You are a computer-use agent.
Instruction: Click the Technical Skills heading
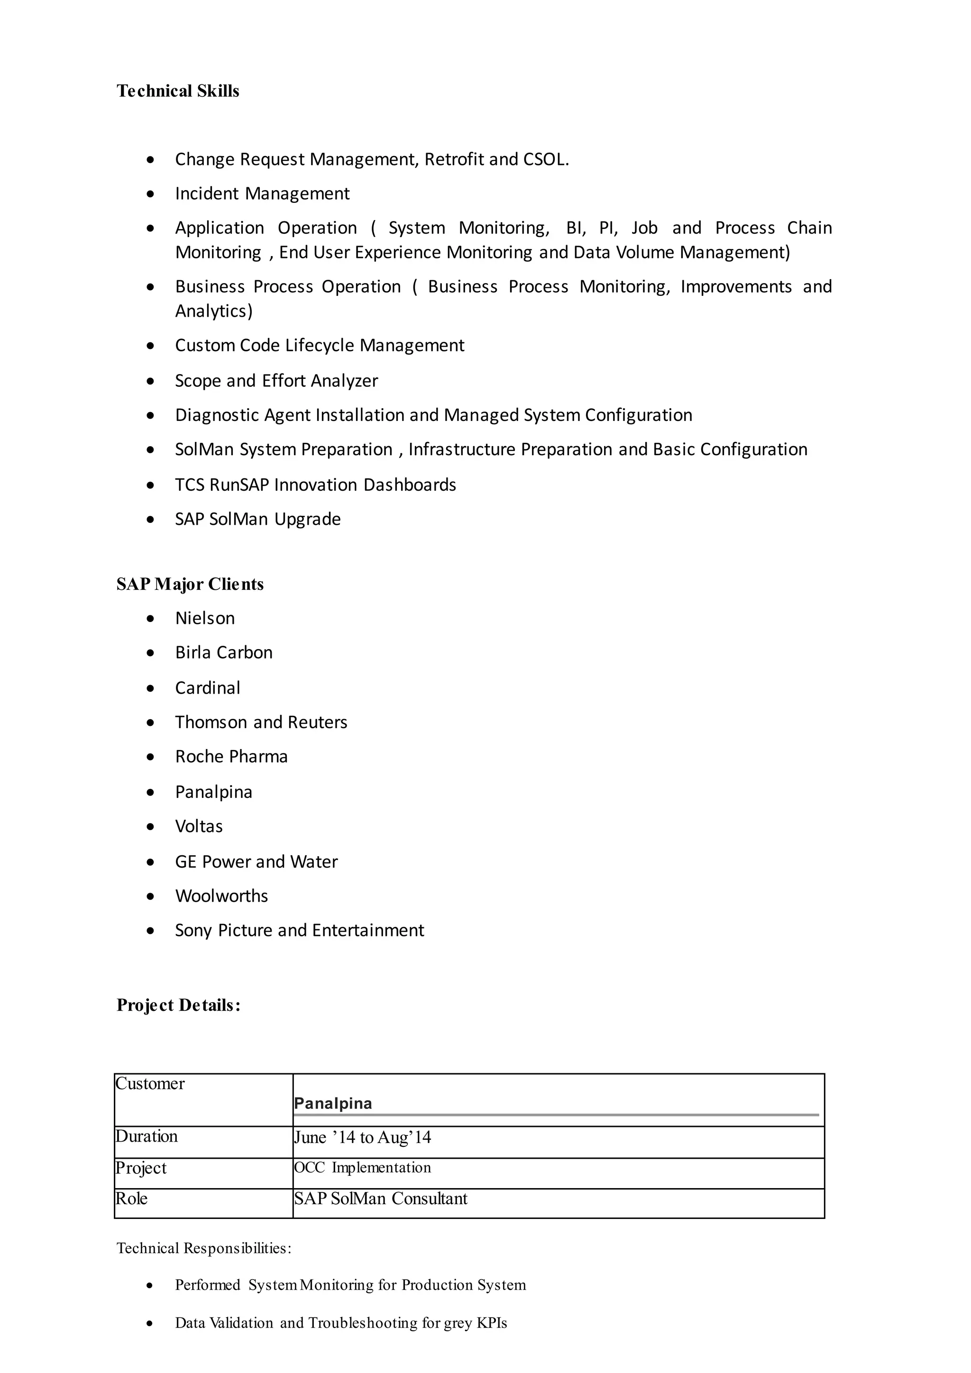tap(178, 91)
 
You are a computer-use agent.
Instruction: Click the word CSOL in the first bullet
tap(545, 159)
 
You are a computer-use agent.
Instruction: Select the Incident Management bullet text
tap(262, 194)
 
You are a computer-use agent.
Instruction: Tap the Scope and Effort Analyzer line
tap(276, 381)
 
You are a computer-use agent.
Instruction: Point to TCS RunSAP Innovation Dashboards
tap(315, 485)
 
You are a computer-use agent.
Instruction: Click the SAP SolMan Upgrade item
tap(258, 519)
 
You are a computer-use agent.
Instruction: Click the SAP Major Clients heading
tap(190, 584)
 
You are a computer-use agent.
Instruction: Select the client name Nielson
tap(204, 618)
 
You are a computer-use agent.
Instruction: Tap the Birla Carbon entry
tap(224, 652)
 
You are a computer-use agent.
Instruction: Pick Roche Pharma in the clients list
tap(231, 757)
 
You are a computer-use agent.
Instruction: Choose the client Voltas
tap(199, 826)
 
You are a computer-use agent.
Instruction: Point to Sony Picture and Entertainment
tap(299, 931)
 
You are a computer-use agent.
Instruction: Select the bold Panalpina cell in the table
tap(333, 1103)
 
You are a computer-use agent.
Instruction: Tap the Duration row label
tap(147, 1136)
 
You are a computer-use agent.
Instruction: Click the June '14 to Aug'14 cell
tap(362, 1137)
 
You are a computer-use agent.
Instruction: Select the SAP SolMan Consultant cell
tap(380, 1199)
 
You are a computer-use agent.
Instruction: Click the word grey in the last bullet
tap(458, 1323)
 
